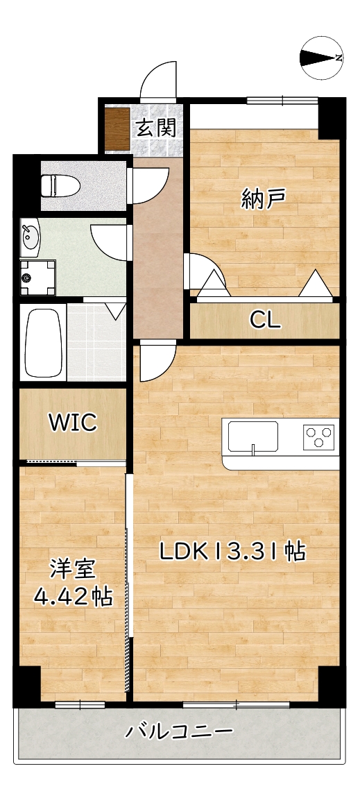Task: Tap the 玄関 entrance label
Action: (155, 128)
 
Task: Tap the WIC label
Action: (72, 423)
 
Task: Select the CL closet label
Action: (265, 320)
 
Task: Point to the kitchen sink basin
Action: (253, 438)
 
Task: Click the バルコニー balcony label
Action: (179, 731)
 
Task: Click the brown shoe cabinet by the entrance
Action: (117, 129)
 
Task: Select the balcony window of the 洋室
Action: (80, 705)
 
